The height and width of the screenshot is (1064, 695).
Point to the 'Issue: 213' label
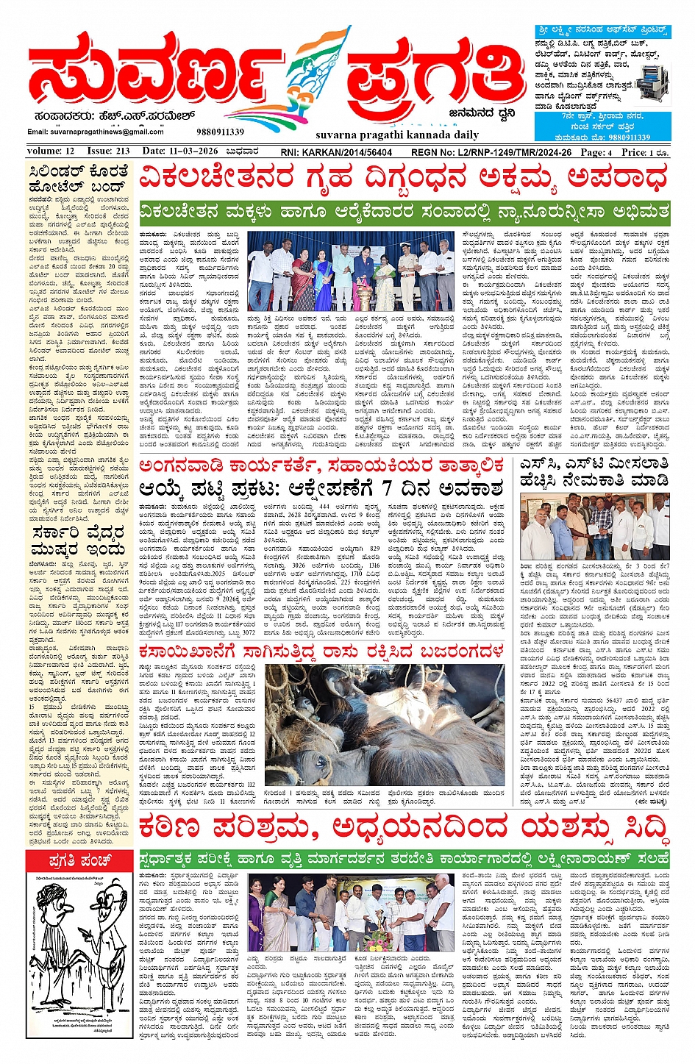(109, 151)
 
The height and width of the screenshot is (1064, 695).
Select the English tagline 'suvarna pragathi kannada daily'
(386, 135)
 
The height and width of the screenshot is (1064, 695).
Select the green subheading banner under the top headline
(404, 211)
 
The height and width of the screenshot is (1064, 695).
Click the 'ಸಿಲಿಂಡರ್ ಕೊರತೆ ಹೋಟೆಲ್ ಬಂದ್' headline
(79, 179)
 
